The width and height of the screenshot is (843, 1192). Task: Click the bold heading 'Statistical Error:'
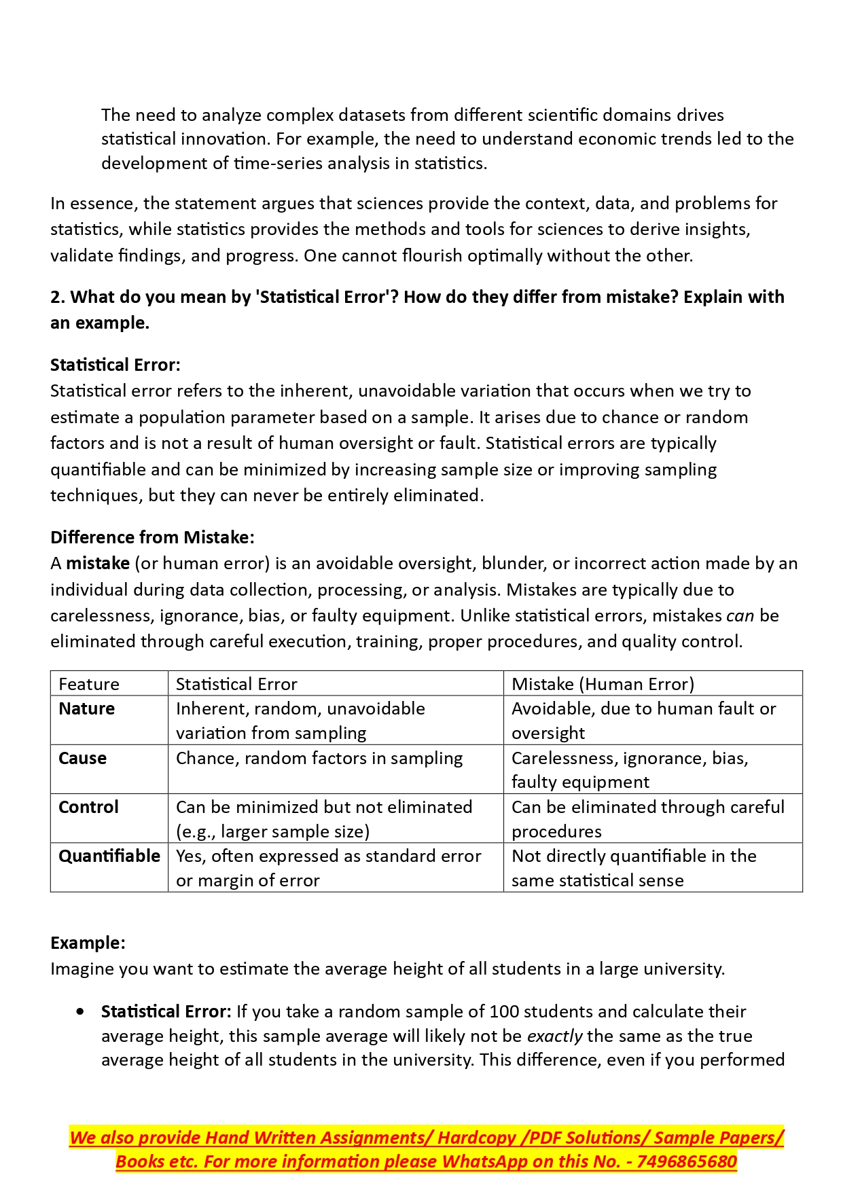(115, 365)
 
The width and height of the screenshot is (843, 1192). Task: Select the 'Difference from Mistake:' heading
(152, 537)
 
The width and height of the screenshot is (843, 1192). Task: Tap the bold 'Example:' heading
(88, 943)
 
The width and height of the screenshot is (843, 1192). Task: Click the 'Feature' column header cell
(89, 684)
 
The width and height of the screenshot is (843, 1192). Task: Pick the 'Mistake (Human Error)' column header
(603, 684)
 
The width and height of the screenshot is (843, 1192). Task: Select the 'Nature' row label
(86, 708)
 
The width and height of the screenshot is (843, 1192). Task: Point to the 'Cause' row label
(82, 758)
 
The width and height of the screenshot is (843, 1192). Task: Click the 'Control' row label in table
(88, 807)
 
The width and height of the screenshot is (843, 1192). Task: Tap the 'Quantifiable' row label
(109, 856)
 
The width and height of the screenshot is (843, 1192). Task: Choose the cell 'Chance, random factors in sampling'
(319, 758)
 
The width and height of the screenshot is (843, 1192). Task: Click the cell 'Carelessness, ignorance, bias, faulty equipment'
(630, 770)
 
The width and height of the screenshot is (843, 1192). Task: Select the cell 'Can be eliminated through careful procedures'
(647, 818)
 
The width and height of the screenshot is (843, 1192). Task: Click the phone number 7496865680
(687, 1161)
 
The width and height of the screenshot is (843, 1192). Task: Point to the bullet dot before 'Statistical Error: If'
(82, 1011)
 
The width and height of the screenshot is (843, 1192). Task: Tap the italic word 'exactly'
(554, 1036)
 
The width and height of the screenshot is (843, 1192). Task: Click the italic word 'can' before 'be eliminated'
(740, 615)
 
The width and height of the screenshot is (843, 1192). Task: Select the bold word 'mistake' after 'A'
(98, 563)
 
